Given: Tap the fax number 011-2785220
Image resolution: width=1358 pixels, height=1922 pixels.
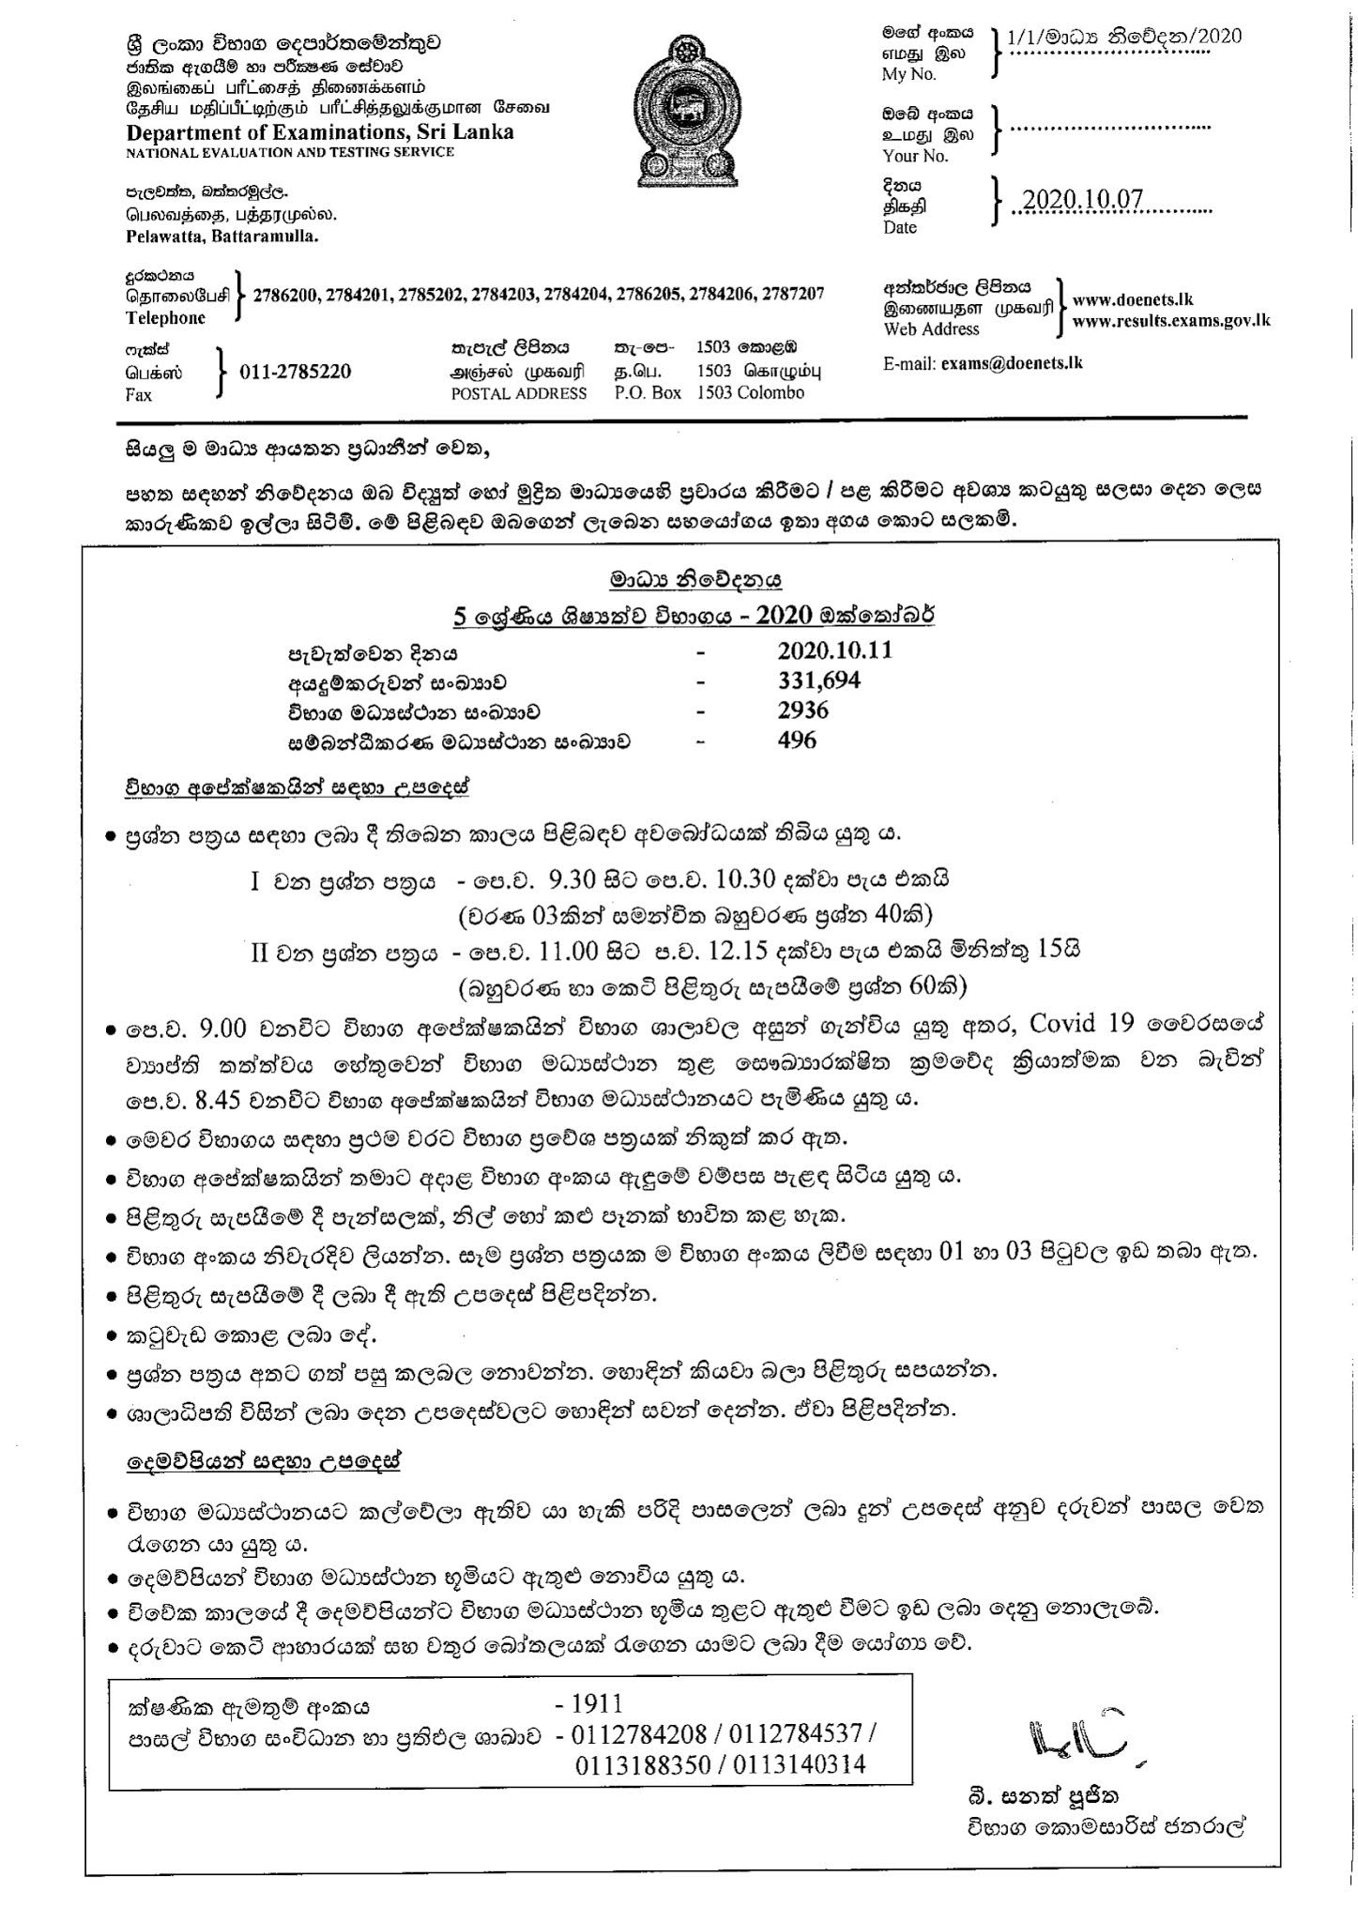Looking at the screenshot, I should [295, 372].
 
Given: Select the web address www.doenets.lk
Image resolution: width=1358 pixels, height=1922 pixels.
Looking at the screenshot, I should [1132, 300].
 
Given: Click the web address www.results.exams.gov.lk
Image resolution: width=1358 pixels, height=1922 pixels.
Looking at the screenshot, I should [1170, 320].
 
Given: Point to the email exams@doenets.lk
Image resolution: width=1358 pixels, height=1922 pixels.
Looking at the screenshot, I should [1012, 362].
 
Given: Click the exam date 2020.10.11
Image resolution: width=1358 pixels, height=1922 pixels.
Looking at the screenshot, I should [834, 650].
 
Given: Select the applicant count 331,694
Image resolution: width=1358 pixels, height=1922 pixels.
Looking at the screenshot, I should [818, 680].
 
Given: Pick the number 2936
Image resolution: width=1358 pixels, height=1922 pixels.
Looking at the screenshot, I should [802, 710].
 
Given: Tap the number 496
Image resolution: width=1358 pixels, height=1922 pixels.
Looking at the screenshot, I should [797, 740].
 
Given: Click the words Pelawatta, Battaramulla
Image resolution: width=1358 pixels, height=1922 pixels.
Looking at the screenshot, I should [222, 236].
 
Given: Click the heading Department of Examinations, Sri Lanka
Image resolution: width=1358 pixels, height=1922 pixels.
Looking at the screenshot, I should [320, 131].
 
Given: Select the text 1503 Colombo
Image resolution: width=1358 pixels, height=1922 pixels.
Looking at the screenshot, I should [750, 393].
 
